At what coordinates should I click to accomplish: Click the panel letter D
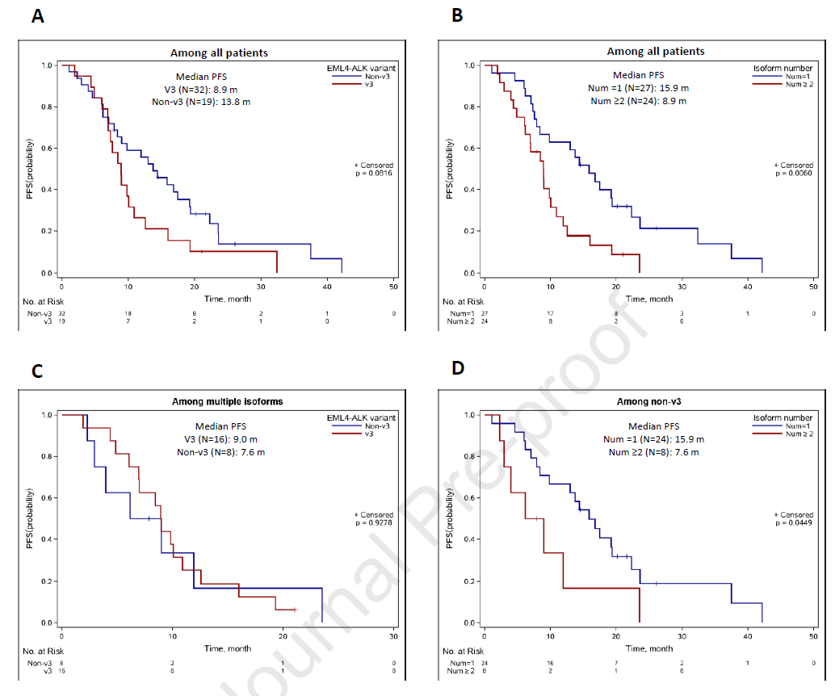coord(458,367)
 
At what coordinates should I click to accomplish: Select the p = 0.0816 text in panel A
coord(374,173)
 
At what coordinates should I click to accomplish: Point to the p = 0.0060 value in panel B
coord(795,173)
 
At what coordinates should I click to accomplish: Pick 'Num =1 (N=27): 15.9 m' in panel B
coord(639,88)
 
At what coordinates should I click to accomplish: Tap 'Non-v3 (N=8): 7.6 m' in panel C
coord(220,452)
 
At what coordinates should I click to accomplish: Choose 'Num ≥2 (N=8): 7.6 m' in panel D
coord(654,452)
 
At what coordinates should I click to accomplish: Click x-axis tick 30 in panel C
coord(393,635)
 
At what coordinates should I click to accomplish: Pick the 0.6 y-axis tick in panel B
coord(469,149)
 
